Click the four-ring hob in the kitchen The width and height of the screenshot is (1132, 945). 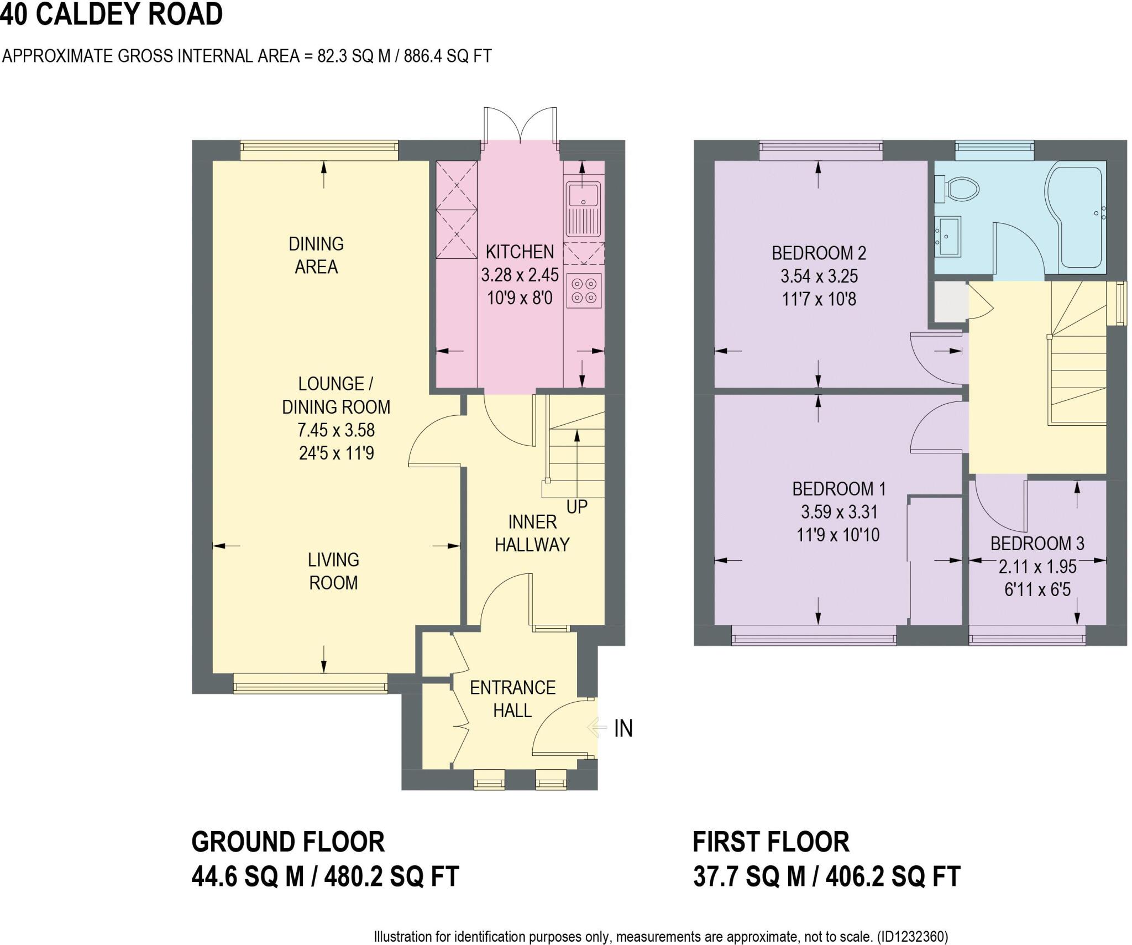584,291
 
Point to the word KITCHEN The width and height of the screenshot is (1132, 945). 520,252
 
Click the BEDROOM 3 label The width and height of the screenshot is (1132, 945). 1037,544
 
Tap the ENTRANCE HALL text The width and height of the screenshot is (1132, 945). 512,698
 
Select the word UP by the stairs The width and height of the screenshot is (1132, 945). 577,507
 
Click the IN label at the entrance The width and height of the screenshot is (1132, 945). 623,729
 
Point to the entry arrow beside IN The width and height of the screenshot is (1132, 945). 597,727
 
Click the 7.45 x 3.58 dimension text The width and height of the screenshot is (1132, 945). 336,430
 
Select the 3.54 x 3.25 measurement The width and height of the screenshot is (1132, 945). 819,276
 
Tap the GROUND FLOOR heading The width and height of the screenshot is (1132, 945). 288,842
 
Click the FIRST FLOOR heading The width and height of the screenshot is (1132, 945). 771,842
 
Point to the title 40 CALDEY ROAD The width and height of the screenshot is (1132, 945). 111,14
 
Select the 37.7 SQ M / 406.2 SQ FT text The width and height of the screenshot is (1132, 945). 827,876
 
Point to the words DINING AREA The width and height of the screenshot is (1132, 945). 316,255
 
